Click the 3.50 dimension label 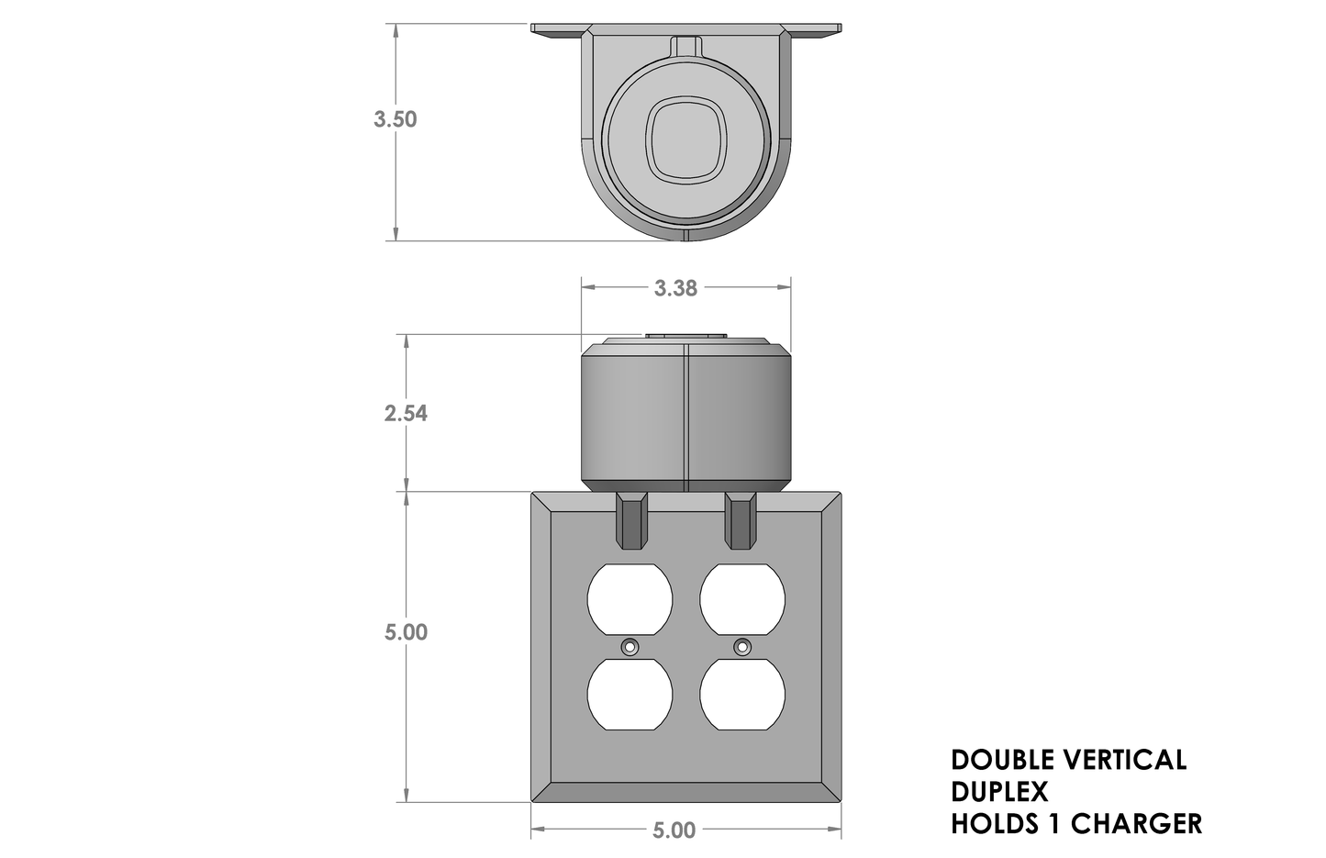(395, 119)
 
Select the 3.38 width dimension (675, 288)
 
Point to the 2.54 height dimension (406, 413)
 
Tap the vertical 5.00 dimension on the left (406, 632)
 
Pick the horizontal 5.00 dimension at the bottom (674, 830)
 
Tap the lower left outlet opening (630, 695)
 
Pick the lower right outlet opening (742, 695)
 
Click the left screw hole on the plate (630, 647)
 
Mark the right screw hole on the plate (741, 647)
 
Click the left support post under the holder (631, 521)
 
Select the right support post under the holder (741, 521)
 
